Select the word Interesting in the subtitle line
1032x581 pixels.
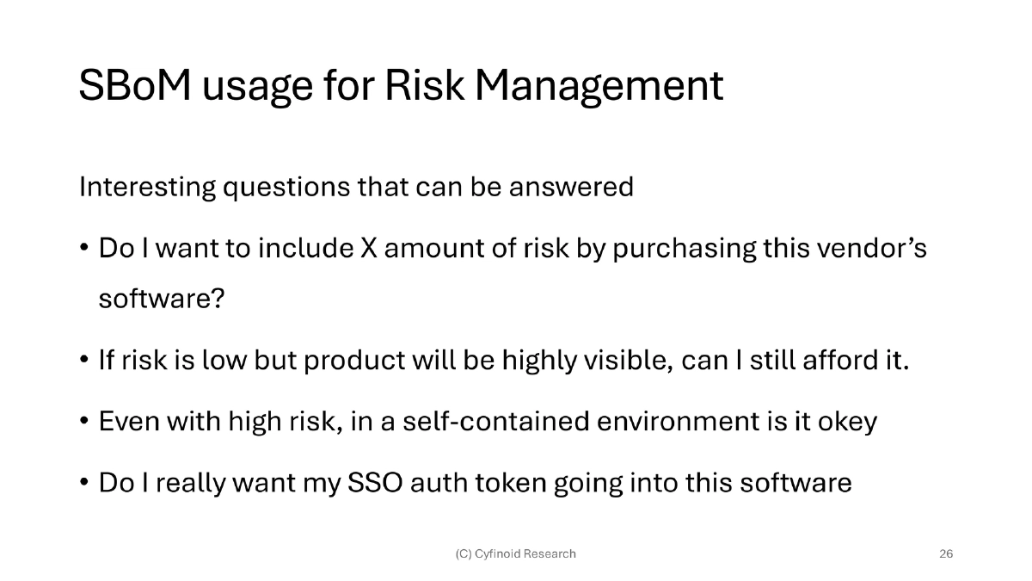[147, 187]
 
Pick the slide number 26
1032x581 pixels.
[945, 553]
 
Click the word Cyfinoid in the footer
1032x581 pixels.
[496, 553]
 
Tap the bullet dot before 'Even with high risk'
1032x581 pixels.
[84, 422]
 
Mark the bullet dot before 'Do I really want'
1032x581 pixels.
[84, 483]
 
